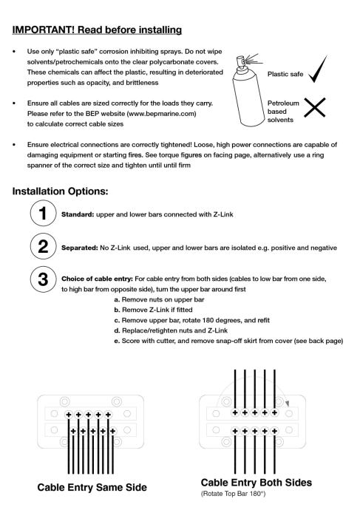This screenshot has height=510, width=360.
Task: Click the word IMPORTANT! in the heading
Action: click(44, 30)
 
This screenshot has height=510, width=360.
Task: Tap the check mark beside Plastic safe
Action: click(318, 69)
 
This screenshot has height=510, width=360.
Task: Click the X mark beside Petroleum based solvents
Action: click(314, 107)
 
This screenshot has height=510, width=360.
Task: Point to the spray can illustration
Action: click(248, 90)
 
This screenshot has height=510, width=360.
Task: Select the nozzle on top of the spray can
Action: click(241, 62)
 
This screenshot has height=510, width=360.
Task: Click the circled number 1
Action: click(43, 214)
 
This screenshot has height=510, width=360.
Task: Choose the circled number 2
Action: click(43, 246)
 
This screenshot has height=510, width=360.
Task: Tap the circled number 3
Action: click(43, 279)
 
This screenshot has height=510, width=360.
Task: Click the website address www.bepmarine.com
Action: click(162, 114)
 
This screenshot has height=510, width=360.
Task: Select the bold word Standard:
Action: click(78, 214)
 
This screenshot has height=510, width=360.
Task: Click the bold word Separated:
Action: click(80, 248)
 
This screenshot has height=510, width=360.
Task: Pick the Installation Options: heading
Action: click(60, 191)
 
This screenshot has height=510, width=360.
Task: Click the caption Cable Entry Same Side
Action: click(92, 487)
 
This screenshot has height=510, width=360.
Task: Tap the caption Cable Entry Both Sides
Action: click(257, 483)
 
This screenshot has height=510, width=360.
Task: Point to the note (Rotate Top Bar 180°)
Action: click(233, 494)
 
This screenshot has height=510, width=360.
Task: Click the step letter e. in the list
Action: click(117, 341)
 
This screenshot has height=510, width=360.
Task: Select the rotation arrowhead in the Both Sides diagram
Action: click(287, 404)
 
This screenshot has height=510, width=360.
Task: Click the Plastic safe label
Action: click(285, 74)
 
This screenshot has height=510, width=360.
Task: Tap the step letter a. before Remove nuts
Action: click(117, 299)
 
